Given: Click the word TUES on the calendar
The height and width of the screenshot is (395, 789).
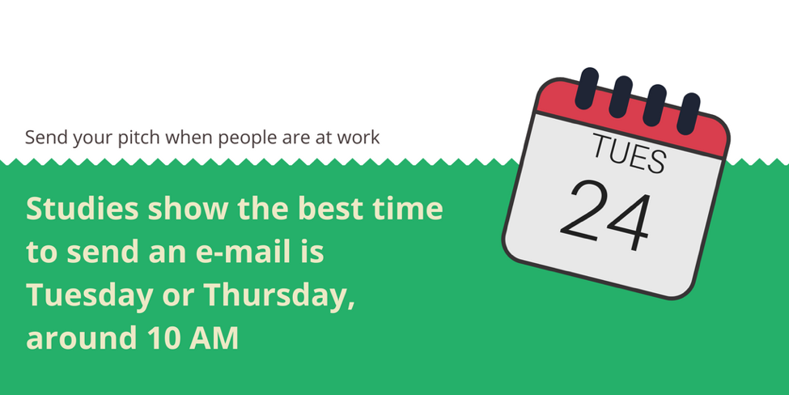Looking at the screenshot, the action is coord(630,153).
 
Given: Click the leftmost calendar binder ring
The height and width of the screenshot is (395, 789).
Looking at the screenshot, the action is coord(587,88).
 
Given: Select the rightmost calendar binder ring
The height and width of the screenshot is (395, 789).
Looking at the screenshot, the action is coord(689,113).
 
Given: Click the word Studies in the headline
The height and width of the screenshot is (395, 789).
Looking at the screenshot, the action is coord(82,208).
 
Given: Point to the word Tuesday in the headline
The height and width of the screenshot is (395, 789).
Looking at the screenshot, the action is coord(90,295).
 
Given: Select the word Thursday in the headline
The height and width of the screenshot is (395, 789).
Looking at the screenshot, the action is coord(279,295).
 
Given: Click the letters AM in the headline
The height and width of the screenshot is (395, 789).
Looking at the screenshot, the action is coord(214,338).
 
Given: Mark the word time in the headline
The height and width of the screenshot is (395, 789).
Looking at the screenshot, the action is coord(408,208).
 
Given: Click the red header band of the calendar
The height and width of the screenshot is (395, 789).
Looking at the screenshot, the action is coord(631,118).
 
